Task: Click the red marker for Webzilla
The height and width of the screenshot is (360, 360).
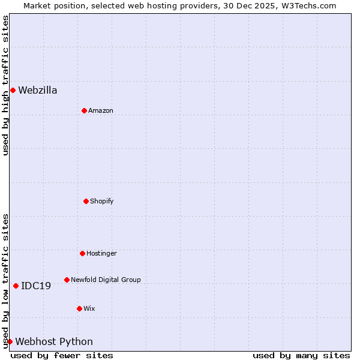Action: tap(13, 90)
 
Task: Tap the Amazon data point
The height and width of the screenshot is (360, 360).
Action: tap(84, 110)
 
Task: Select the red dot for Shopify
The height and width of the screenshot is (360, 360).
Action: tap(86, 201)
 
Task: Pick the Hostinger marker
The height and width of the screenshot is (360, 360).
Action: tap(82, 253)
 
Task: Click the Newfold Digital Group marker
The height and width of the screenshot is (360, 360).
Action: tap(67, 280)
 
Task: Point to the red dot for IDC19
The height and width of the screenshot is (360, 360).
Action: tap(16, 286)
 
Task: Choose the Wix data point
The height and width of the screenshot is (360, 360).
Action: tap(79, 308)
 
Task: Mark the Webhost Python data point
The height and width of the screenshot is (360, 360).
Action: tap(10, 341)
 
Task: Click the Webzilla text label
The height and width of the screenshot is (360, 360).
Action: tap(38, 91)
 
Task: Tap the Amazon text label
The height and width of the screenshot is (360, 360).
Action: tap(101, 111)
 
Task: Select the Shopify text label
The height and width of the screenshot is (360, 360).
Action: tap(102, 202)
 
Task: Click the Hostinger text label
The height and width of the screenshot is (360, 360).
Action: tap(101, 254)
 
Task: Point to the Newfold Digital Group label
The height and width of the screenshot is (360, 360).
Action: tap(106, 280)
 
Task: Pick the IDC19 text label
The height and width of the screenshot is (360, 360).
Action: tap(36, 286)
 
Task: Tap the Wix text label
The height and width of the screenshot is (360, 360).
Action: tap(89, 309)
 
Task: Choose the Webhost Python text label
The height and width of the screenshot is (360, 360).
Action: tap(54, 342)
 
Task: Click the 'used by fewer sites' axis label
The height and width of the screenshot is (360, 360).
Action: tap(62, 355)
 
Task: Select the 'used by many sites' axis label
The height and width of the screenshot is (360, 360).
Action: tap(301, 355)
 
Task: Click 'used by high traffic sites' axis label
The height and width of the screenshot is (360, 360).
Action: tap(5, 85)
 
